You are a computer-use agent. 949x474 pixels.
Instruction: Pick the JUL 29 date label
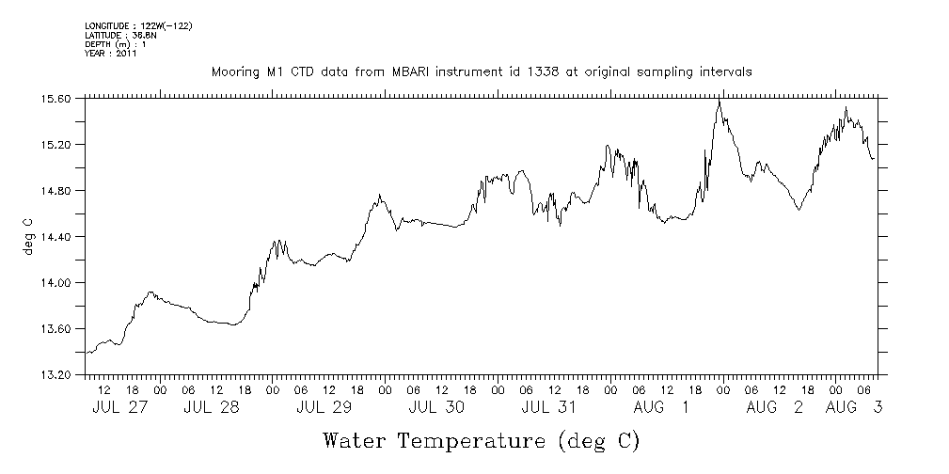pyautogui.click(x=324, y=407)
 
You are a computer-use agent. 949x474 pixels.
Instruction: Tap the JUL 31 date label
pyautogui.click(x=548, y=407)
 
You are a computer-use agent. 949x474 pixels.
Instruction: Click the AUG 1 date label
pyautogui.click(x=660, y=407)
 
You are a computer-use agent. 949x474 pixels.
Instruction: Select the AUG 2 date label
pyautogui.click(x=774, y=407)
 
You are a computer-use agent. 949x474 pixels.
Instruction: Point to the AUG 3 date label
pyautogui.click(x=853, y=407)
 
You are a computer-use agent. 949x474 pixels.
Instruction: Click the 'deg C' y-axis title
pyautogui.click(x=27, y=235)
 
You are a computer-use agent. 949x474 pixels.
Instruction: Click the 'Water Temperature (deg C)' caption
pyautogui.click(x=482, y=440)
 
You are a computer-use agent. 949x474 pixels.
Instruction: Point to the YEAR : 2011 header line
pyautogui.click(x=111, y=54)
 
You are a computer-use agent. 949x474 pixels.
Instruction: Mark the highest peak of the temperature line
pyautogui.click(x=720, y=101)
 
